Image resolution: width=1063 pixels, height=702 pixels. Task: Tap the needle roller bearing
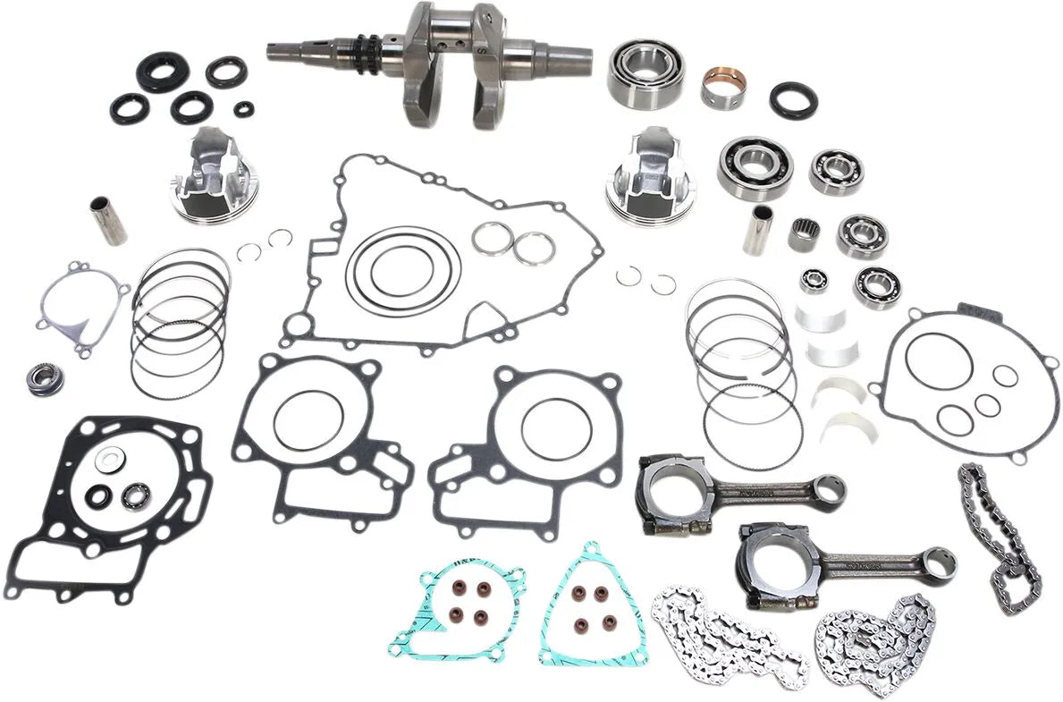[805, 234]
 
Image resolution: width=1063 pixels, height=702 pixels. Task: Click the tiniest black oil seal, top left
[243, 109]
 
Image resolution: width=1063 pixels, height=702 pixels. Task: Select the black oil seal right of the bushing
[793, 99]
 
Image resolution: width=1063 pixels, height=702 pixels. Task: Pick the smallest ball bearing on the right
[814, 281]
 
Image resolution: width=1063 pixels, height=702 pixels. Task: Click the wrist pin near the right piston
[762, 230]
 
